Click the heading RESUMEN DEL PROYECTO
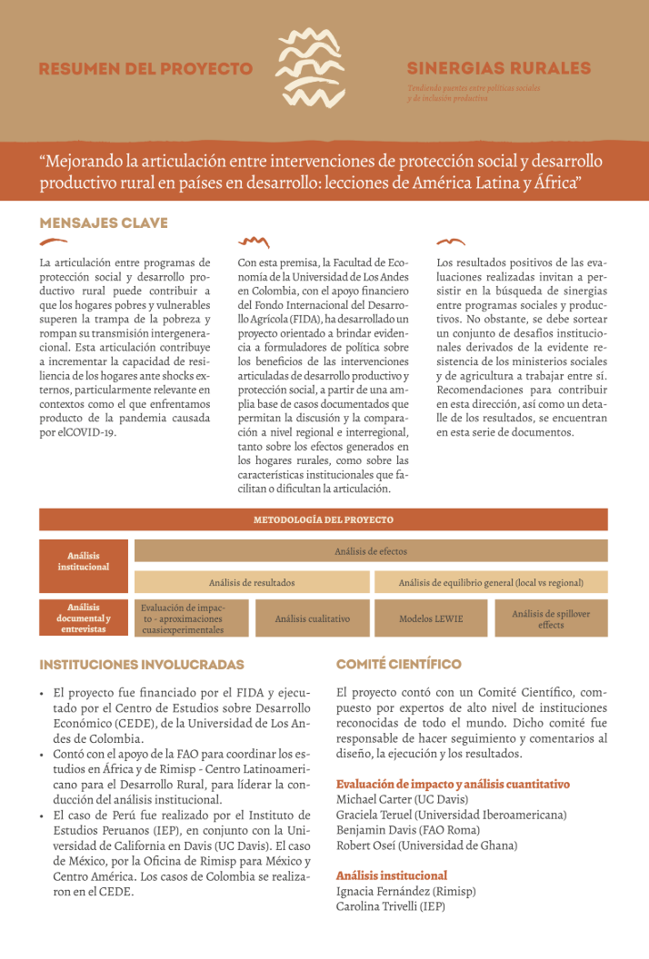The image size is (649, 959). pos(145,69)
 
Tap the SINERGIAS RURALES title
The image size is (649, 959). pos(498,68)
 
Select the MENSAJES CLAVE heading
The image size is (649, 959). pos(104,222)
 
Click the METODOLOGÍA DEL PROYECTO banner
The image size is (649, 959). pos(323,519)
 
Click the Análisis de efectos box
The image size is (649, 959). pos(371,550)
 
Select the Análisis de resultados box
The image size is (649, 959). pos(252,582)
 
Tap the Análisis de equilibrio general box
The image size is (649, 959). pos(491,582)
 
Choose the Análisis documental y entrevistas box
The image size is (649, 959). pos(84,618)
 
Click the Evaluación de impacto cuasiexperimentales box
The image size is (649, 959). pos(191,618)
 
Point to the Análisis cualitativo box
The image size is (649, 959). pos(312,618)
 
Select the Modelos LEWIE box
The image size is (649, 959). pos(431,618)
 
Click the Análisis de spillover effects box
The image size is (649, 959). pos(551,618)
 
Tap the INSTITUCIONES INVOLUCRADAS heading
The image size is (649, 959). pos(142,665)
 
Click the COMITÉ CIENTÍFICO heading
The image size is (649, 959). pos(399,665)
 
